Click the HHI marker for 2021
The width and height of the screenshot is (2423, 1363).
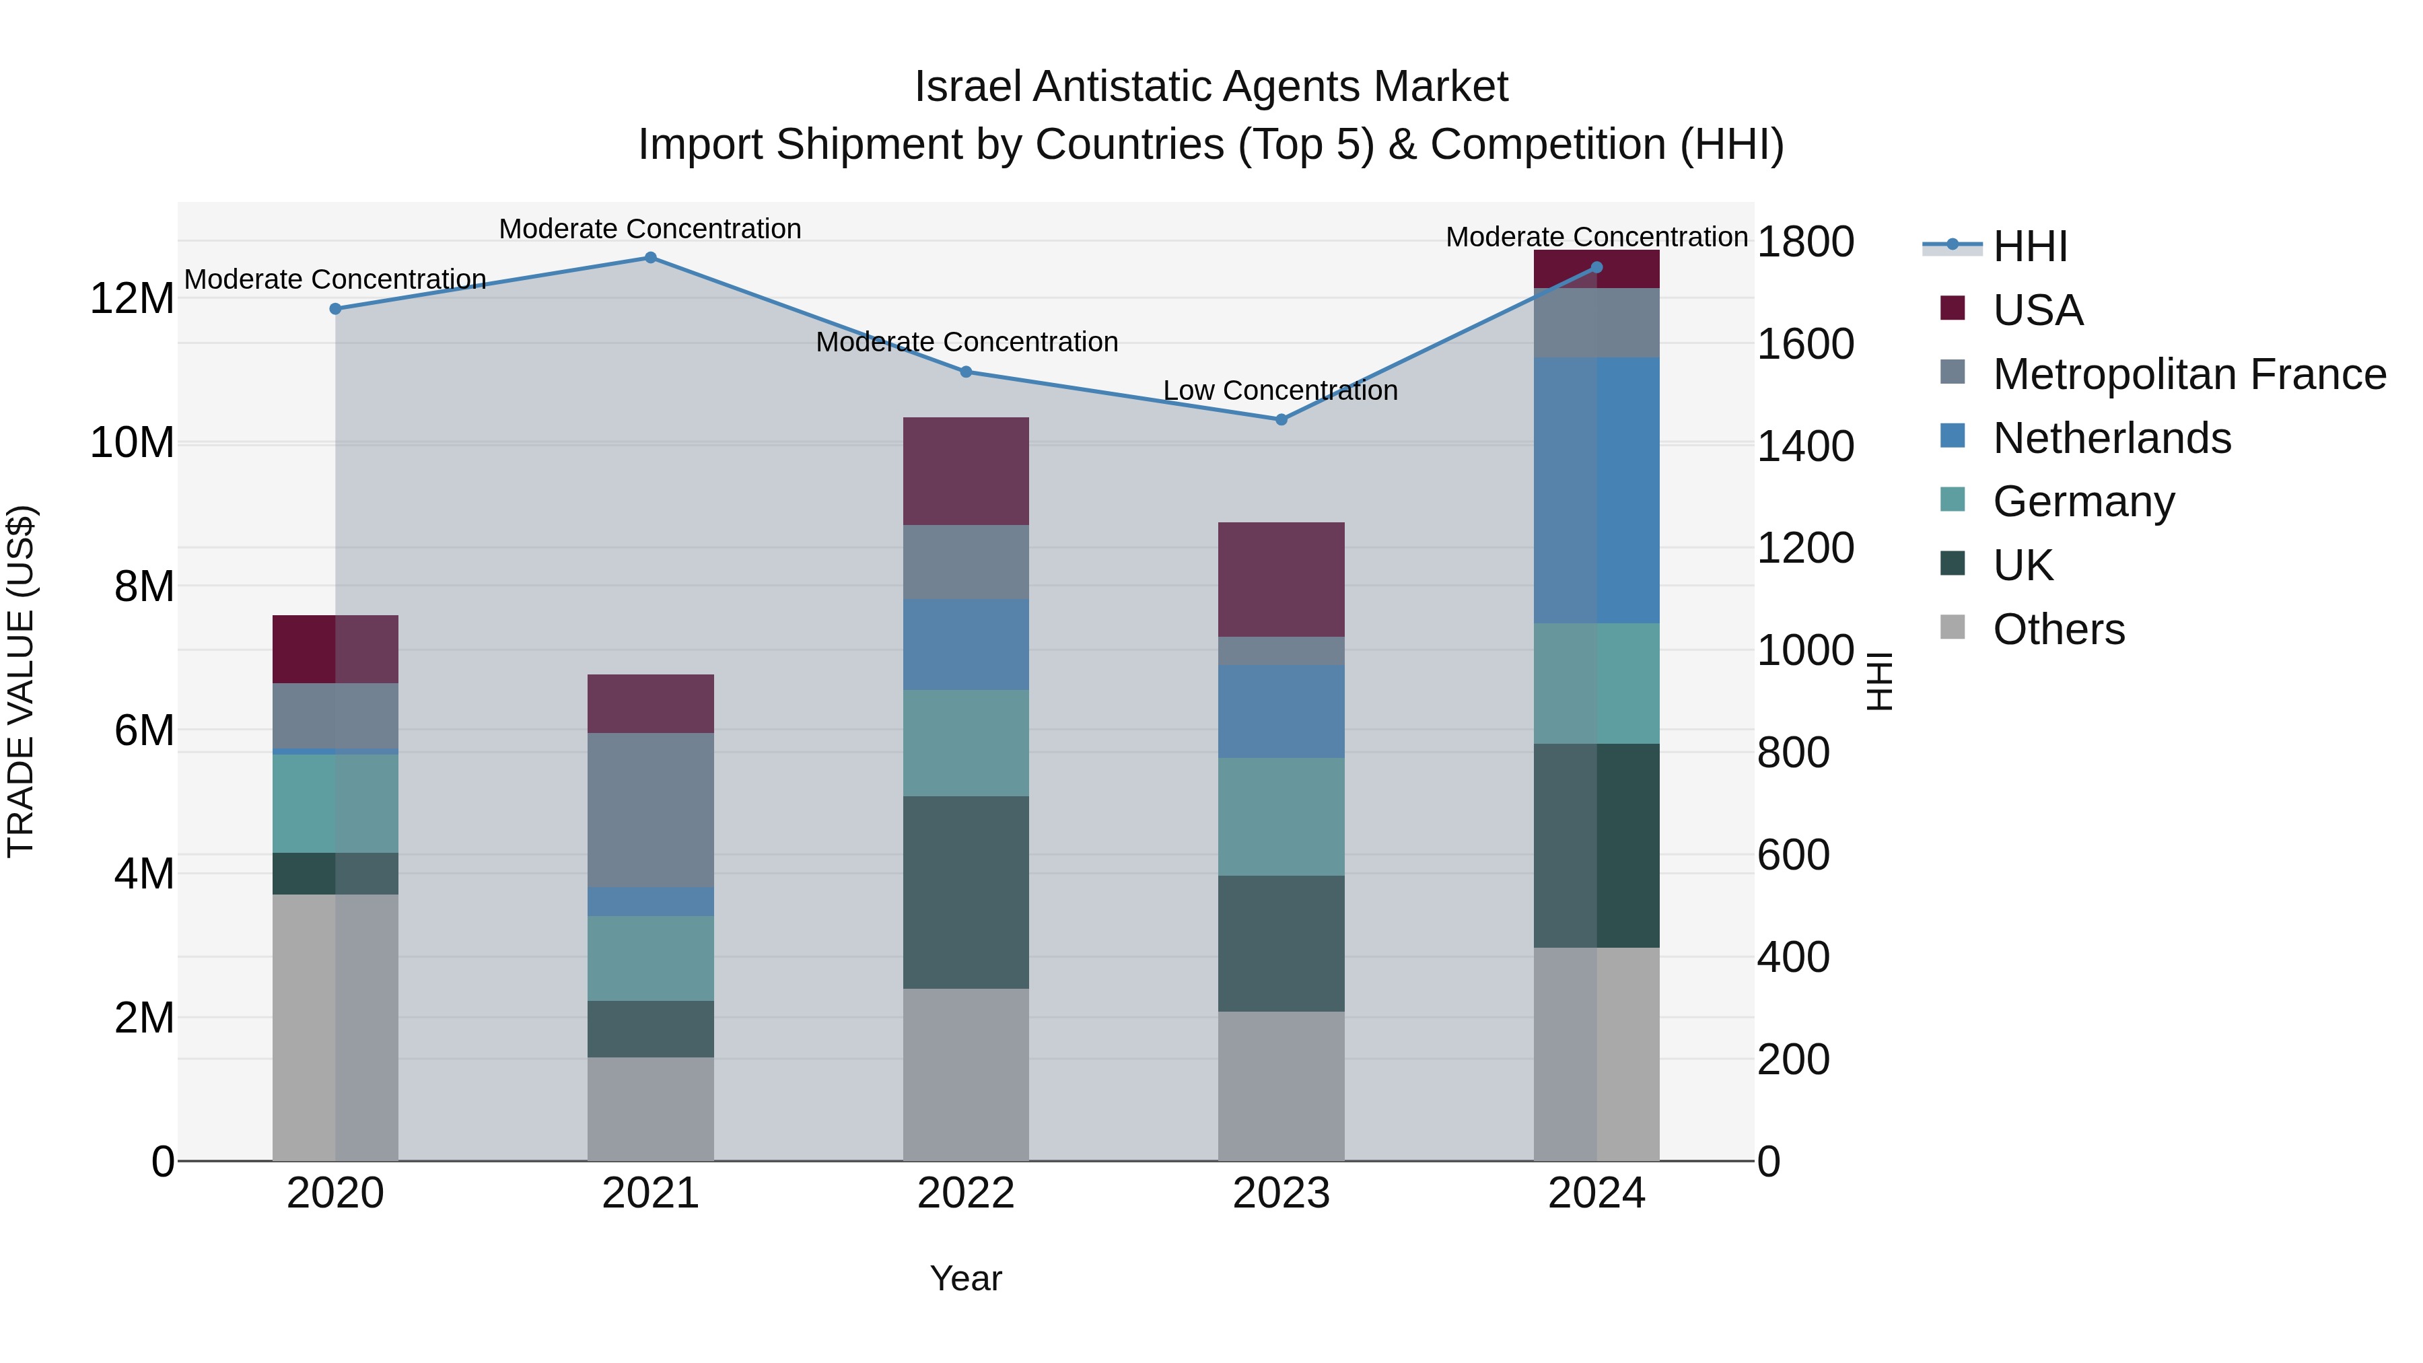[650, 258]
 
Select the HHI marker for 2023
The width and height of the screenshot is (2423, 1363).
[1281, 419]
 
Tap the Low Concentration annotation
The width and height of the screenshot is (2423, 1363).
[1280, 390]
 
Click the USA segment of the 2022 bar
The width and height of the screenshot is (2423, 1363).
[966, 471]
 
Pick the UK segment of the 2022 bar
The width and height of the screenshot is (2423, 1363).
[966, 892]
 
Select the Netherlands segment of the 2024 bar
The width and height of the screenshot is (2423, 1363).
[1596, 490]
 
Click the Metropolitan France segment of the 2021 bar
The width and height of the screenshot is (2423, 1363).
[650, 810]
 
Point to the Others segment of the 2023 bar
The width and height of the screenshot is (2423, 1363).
[1281, 1086]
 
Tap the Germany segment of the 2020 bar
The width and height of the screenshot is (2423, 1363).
[335, 803]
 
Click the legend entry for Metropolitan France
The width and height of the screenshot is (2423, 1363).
[2189, 374]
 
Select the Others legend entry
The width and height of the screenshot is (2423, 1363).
[2058, 629]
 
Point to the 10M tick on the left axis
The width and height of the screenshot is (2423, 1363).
[132, 443]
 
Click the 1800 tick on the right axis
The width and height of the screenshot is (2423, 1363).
[1805, 242]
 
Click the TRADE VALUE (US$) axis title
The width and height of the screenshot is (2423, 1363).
[21, 681]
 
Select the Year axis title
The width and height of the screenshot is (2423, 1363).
[966, 1278]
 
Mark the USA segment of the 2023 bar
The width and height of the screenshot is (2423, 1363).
[1281, 580]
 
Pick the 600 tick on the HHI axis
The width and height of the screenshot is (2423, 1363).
[1793, 855]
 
